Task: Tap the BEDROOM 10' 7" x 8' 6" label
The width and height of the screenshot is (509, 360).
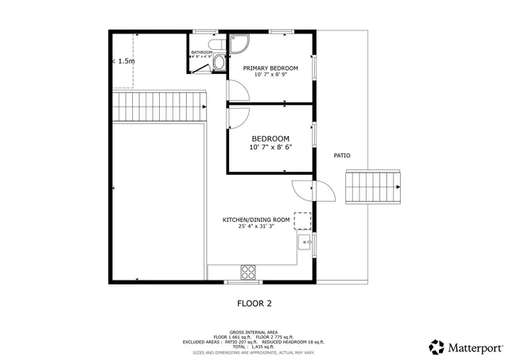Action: (270, 142)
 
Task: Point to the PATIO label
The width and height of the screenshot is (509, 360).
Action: (341, 156)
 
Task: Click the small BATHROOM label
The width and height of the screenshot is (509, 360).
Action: (201, 53)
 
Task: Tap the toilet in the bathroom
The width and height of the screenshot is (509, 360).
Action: (220, 58)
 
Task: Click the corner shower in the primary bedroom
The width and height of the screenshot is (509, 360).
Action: (239, 45)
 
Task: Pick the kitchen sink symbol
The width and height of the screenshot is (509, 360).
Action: (304, 243)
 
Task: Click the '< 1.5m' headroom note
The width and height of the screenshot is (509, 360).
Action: (124, 60)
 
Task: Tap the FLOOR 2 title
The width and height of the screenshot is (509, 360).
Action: (254, 303)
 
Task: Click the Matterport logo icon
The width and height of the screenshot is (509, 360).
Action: (437, 346)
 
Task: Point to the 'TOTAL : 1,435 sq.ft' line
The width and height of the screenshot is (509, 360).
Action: (254, 346)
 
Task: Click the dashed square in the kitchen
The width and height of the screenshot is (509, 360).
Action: (302, 220)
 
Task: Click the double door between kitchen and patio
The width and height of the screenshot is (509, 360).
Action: (313, 192)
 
